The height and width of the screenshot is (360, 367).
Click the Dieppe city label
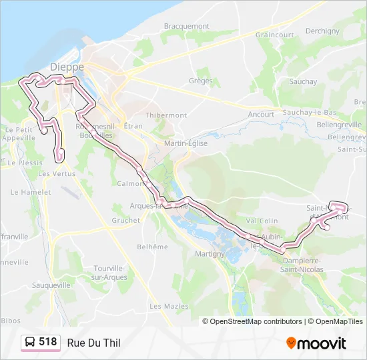point(67,67)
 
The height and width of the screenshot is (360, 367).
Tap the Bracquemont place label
point(187,26)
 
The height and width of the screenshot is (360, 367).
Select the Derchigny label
point(323,31)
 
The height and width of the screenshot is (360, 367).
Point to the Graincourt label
point(275,35)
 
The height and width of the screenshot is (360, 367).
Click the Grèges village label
point(200,81)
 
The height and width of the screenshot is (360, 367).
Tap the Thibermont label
point(166,115)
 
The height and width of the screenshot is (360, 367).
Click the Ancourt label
point(261,114)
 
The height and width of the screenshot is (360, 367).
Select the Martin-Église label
point(186,143)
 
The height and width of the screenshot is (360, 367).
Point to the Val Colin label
point(262,221)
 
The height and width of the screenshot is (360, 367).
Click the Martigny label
point(210,254)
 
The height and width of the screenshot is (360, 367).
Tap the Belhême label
point(152,247)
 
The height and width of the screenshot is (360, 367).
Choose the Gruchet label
point(125,220)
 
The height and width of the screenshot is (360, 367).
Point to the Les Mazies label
point(165,306)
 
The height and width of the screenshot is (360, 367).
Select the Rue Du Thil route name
point(94,343)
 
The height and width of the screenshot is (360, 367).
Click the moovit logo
point(316,343)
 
